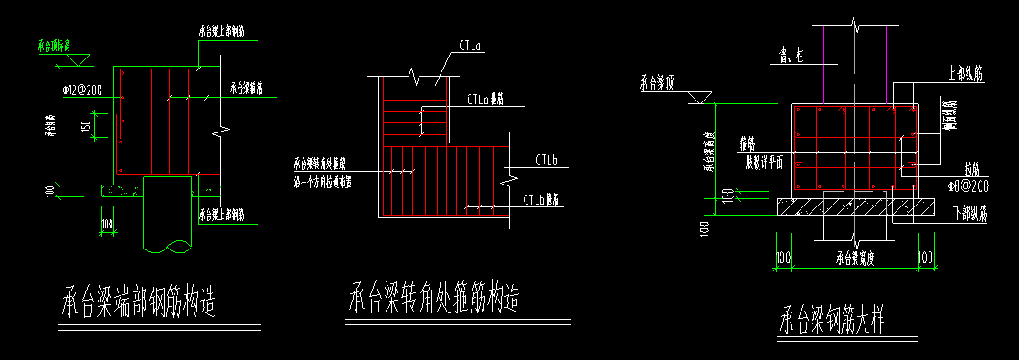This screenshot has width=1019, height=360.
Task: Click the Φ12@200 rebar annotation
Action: (x=80, y=90)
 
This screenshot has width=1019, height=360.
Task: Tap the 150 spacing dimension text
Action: (x=83, y=125)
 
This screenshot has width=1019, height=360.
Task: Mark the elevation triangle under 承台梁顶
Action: (x=699, y=96)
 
